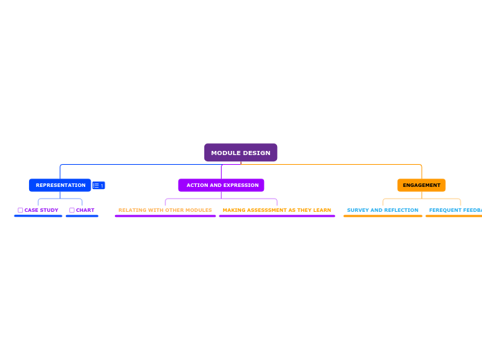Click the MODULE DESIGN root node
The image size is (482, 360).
click(240, 152)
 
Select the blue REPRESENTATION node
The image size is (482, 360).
click(60, 185)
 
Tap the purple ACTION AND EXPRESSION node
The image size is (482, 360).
click(221, 185)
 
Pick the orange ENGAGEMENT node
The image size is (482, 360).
click(421, 185)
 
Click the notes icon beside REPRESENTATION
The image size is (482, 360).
click(98, 186)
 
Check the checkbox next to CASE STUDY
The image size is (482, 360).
click(20, 210)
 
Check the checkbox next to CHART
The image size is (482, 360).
click(72, 210)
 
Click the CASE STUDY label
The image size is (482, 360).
click(41, 210)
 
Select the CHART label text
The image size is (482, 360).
click(85, 210)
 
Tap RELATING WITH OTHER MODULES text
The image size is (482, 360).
click(165, 210)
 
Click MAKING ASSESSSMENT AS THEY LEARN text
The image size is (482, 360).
click(276, 210)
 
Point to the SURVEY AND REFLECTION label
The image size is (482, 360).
click(382, 210)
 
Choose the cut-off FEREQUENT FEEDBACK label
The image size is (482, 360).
click(455, 210)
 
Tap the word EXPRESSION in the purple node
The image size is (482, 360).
click(242, 185)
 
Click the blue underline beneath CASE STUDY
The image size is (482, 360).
click(38, 216)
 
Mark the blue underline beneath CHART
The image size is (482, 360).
click(82, 216)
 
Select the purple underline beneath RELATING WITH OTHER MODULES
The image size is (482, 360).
click(165, 216)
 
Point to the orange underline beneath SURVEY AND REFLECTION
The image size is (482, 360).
click(382, 216)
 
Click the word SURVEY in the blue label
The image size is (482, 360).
click(358, 210)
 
